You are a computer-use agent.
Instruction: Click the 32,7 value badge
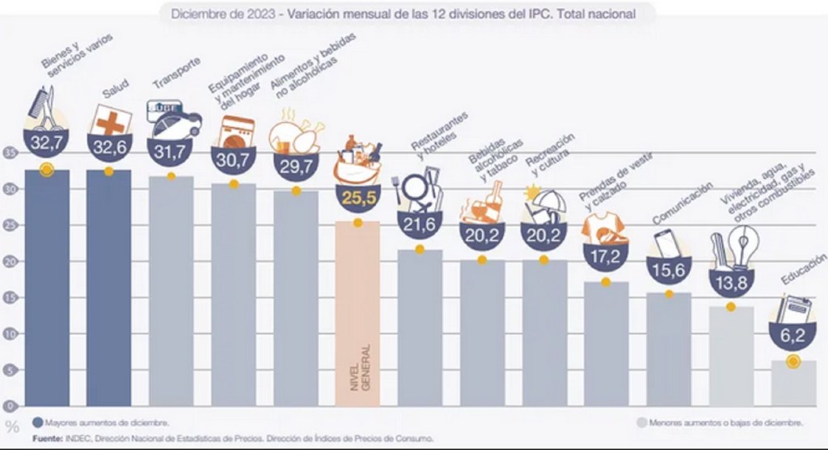coord(47,143)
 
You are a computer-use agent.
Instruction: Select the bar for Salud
coord(109,288)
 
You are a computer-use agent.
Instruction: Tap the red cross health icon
coord(111,121)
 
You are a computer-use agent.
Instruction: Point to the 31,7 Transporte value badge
coord(171,152)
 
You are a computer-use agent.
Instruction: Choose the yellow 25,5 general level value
coord(358,198)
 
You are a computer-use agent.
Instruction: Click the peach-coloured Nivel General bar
coord(357,314)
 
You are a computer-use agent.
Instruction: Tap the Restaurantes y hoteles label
coord(438,136)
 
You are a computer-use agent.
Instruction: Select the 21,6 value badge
coord(420,225)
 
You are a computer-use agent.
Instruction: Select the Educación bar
coord(793,384)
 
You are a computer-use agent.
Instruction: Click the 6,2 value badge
coord(793,335)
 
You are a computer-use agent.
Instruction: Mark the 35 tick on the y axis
coord(11,153)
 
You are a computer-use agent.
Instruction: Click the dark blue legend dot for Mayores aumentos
coord(37,423)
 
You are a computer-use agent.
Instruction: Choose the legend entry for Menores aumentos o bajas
coord(720,423)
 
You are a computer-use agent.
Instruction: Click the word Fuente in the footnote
coord(48,439)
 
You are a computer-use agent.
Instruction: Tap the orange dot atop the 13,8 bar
coord(731,306)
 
